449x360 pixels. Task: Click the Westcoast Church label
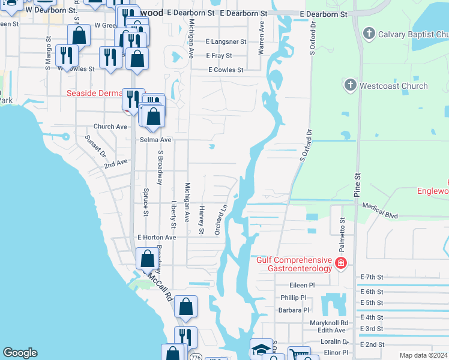(x=393, y=86)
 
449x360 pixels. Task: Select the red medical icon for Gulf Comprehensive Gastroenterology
(x=341, y=262)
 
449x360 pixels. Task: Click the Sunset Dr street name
(x=94, y=145)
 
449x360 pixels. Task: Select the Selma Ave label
(x=155, y=140)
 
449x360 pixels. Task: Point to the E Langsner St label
(x=226, y=42)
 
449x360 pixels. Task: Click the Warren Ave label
(x=261, y=39)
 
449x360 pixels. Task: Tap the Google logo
(x=20, y=353)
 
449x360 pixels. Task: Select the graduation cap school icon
(x=261, y=349)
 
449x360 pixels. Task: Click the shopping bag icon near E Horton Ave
(x=147, y=259)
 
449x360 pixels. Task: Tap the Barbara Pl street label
(x=293, y=310)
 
